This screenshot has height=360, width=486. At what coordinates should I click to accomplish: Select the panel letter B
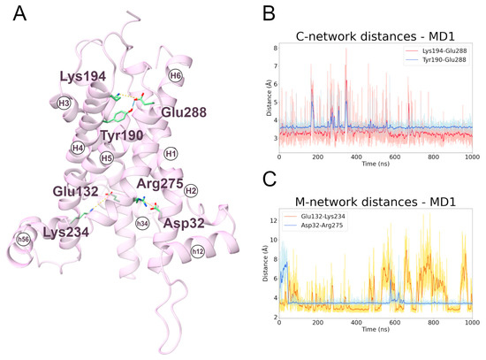pos(247,13)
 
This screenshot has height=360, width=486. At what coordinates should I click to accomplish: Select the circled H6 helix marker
pos(175,77)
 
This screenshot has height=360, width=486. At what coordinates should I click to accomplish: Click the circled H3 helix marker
pos(64,103)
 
